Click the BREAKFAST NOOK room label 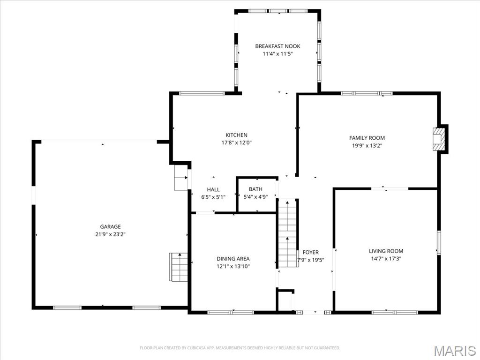[277, 46]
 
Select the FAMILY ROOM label [367, 138]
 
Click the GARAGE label [110, 226]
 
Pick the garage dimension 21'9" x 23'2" [110, 234]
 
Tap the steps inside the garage [179, 267]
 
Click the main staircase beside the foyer [288, 233]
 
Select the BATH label [255, 189]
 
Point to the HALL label [213, 189]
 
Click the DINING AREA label [233, 259]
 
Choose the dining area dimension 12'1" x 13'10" [233, 266]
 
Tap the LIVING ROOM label [386, 251]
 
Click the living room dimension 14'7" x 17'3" [386, 258]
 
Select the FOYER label [311, 252]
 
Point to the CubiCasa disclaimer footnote [240, 348]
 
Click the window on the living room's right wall [439, 242]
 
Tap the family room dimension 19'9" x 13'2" [367, 145]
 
